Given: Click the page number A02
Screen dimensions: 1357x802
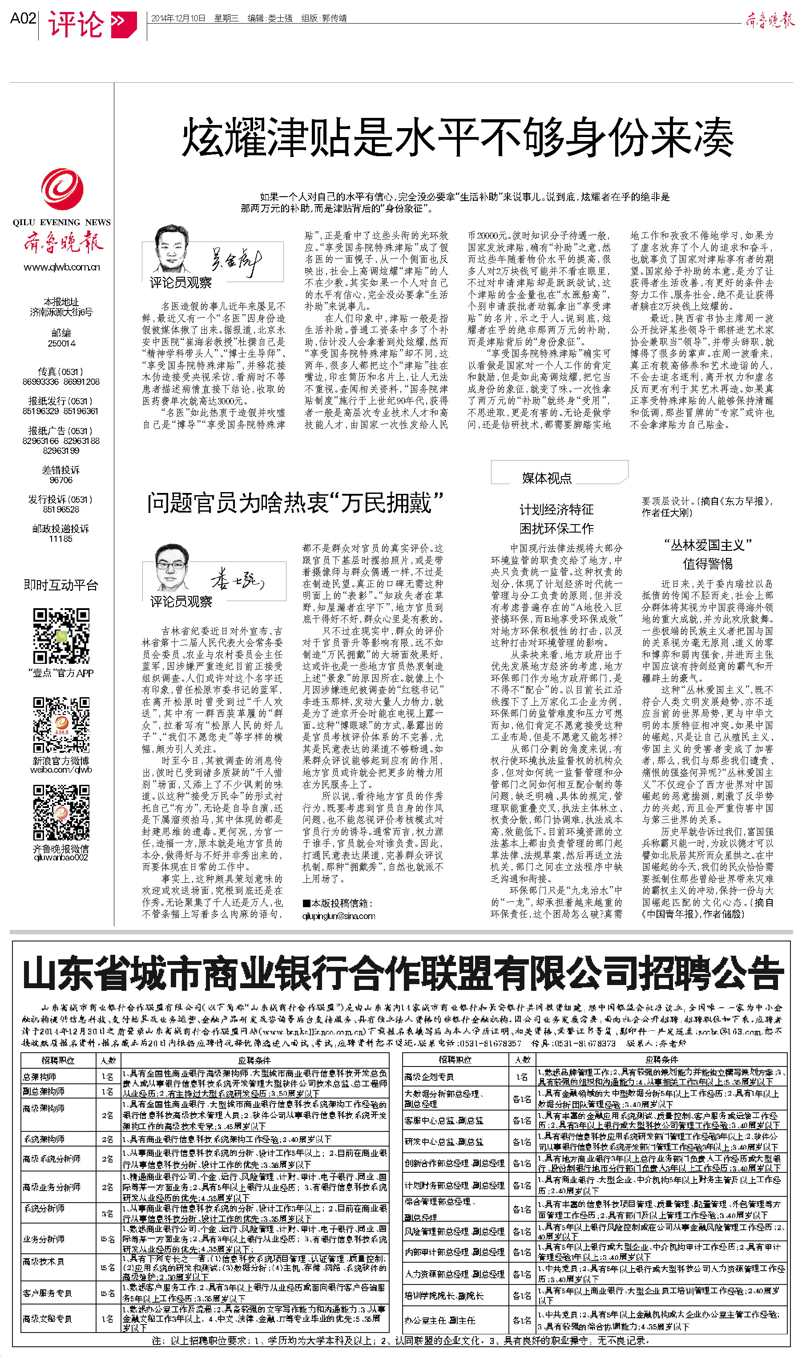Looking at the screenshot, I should click(23, 19).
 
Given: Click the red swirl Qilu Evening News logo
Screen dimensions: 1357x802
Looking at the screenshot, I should click(62, 189).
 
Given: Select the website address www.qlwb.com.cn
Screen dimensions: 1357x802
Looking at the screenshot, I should click(62, 267).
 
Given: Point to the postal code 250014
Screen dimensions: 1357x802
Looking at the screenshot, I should click(62, 343).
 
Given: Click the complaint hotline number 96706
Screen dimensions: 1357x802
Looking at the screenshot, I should click(60, 480).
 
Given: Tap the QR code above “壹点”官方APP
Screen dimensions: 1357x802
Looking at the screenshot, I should click(61, 635).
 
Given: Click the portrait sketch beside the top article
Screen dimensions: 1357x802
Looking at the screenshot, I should click(172, 249).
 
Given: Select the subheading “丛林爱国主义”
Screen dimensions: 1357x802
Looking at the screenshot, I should click(707, 545).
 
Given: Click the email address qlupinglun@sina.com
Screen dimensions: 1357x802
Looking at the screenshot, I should click(339, 916).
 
